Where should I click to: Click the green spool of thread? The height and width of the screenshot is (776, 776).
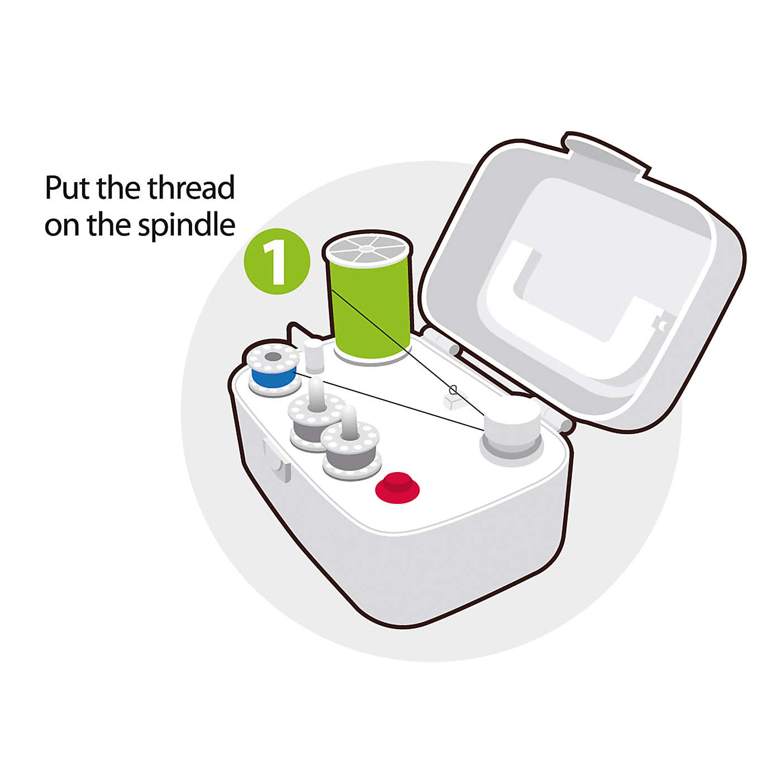369,313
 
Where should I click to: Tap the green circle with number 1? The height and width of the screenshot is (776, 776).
277,261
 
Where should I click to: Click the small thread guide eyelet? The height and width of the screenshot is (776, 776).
453,390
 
